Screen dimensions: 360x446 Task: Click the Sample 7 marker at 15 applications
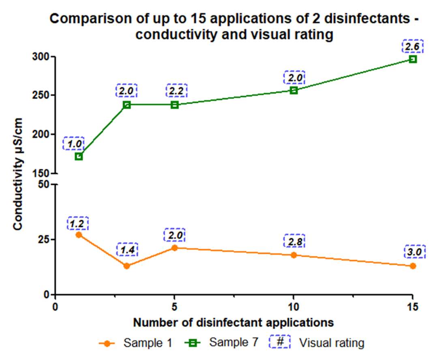coord(413,59)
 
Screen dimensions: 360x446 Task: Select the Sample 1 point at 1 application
coord(79,235)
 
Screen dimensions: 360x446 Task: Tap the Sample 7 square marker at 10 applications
coord(294,90)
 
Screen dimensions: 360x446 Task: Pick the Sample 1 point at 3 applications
coord(127,266)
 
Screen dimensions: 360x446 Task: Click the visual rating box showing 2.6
coord(412,46)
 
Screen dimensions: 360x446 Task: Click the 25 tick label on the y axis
coord(44,240)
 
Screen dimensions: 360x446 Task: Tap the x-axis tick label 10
coord(294,306)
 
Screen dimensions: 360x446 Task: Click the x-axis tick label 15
coord(412,306)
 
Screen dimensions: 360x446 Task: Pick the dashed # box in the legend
coord(280,343)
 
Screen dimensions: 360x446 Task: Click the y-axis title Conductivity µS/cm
coord(18,174)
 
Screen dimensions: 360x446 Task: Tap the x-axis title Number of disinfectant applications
coord(234,323)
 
